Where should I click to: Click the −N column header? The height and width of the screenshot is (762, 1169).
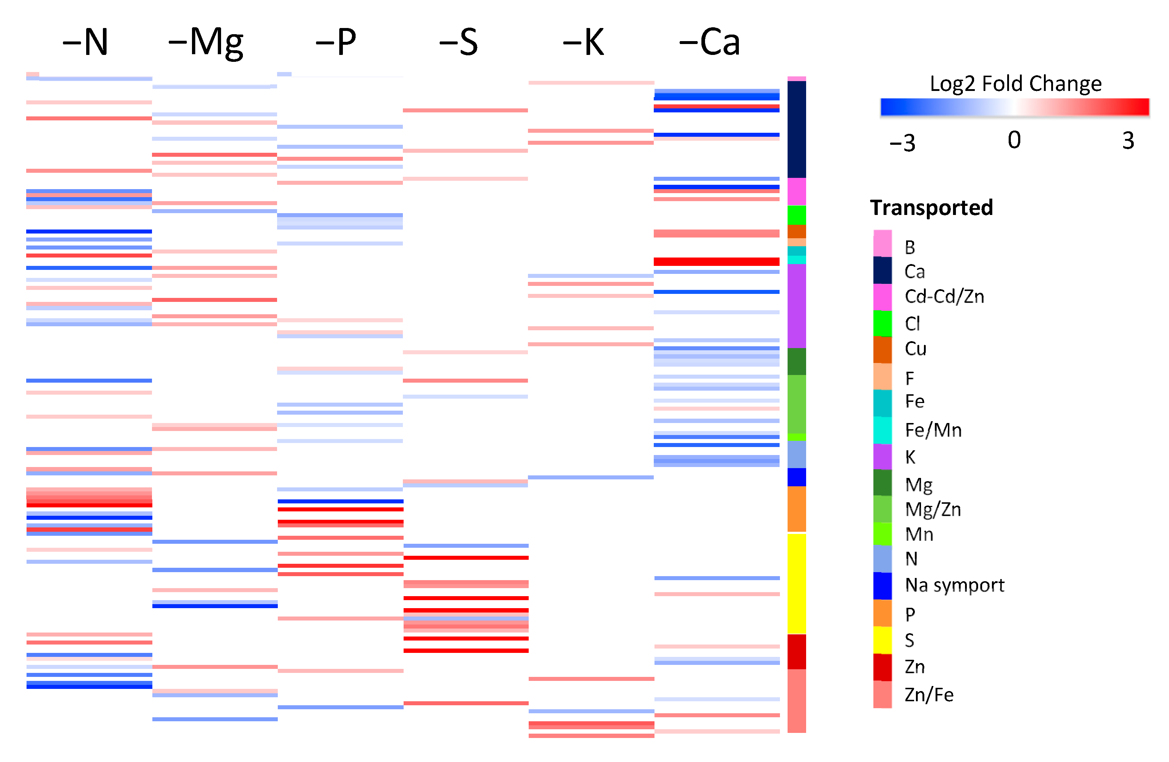(85, 42)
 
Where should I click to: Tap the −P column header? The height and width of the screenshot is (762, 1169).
(336, 42)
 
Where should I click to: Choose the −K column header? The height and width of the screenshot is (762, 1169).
(584, 42)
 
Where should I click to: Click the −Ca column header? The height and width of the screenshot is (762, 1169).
(709, 42)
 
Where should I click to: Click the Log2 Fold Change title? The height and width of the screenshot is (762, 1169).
(1015, 84)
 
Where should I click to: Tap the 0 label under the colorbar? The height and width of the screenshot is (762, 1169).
(1014, 140)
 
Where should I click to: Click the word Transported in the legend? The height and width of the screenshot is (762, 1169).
(931, 208)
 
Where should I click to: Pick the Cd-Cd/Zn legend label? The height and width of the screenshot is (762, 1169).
(944, 297)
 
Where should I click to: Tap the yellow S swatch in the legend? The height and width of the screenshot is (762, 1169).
(882, 640)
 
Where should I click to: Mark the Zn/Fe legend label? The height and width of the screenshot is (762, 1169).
(929, 695)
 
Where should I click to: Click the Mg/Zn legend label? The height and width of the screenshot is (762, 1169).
(933, 510)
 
